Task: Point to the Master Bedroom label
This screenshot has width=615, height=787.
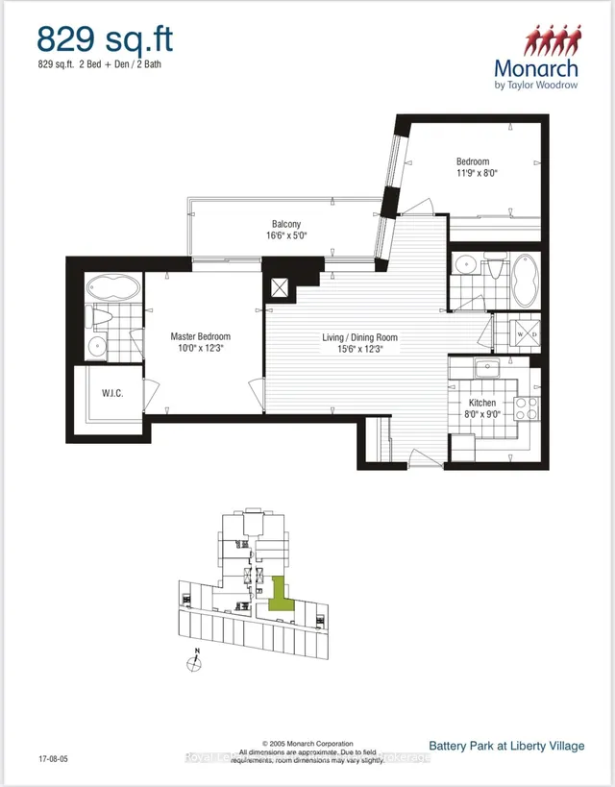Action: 200,336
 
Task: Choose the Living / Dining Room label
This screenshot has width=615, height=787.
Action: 358,338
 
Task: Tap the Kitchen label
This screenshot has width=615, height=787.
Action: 481,404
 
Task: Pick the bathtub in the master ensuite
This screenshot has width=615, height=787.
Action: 113,288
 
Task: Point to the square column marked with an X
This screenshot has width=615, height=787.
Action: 282,288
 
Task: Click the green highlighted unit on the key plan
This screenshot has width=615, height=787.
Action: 279,593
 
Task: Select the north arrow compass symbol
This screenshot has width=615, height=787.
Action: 196,663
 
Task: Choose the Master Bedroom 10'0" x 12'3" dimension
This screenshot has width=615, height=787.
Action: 200,349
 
